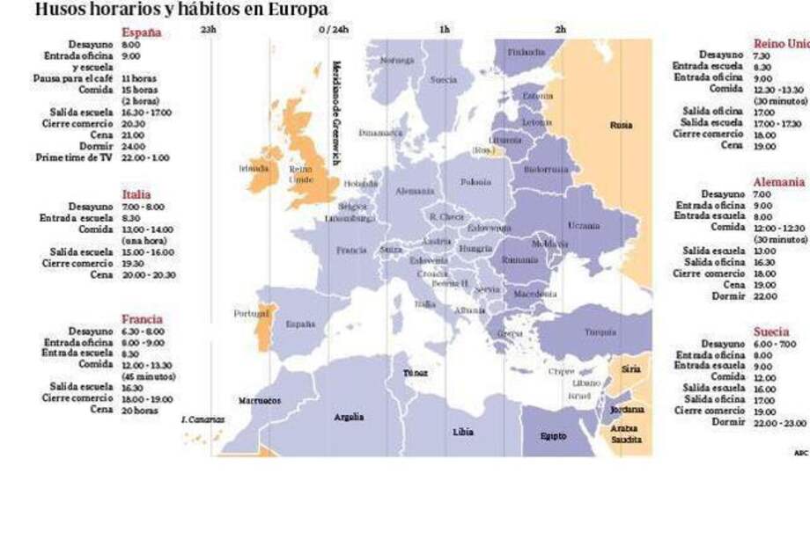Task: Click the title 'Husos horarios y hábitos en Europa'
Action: click(181, 10)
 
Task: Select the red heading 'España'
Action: click(141, 33)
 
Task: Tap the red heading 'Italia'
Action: click(136, 194)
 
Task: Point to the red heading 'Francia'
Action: click(142, 319)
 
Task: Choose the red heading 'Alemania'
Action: click(778, 182)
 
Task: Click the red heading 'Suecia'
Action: click(770, 331)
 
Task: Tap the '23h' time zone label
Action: click(208, 29)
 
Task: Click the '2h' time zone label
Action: click(560, 29)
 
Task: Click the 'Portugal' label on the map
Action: click(250, 313)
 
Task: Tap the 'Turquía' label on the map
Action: click(600, 331)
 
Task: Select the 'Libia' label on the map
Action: click(463, 432)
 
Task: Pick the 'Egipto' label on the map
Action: click(553, 435)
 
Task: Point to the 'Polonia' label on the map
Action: click(475, 182)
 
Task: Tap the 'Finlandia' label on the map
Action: click(526, 51)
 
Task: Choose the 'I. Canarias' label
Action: click(202, 419)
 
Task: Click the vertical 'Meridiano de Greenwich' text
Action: click(335, 113)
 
